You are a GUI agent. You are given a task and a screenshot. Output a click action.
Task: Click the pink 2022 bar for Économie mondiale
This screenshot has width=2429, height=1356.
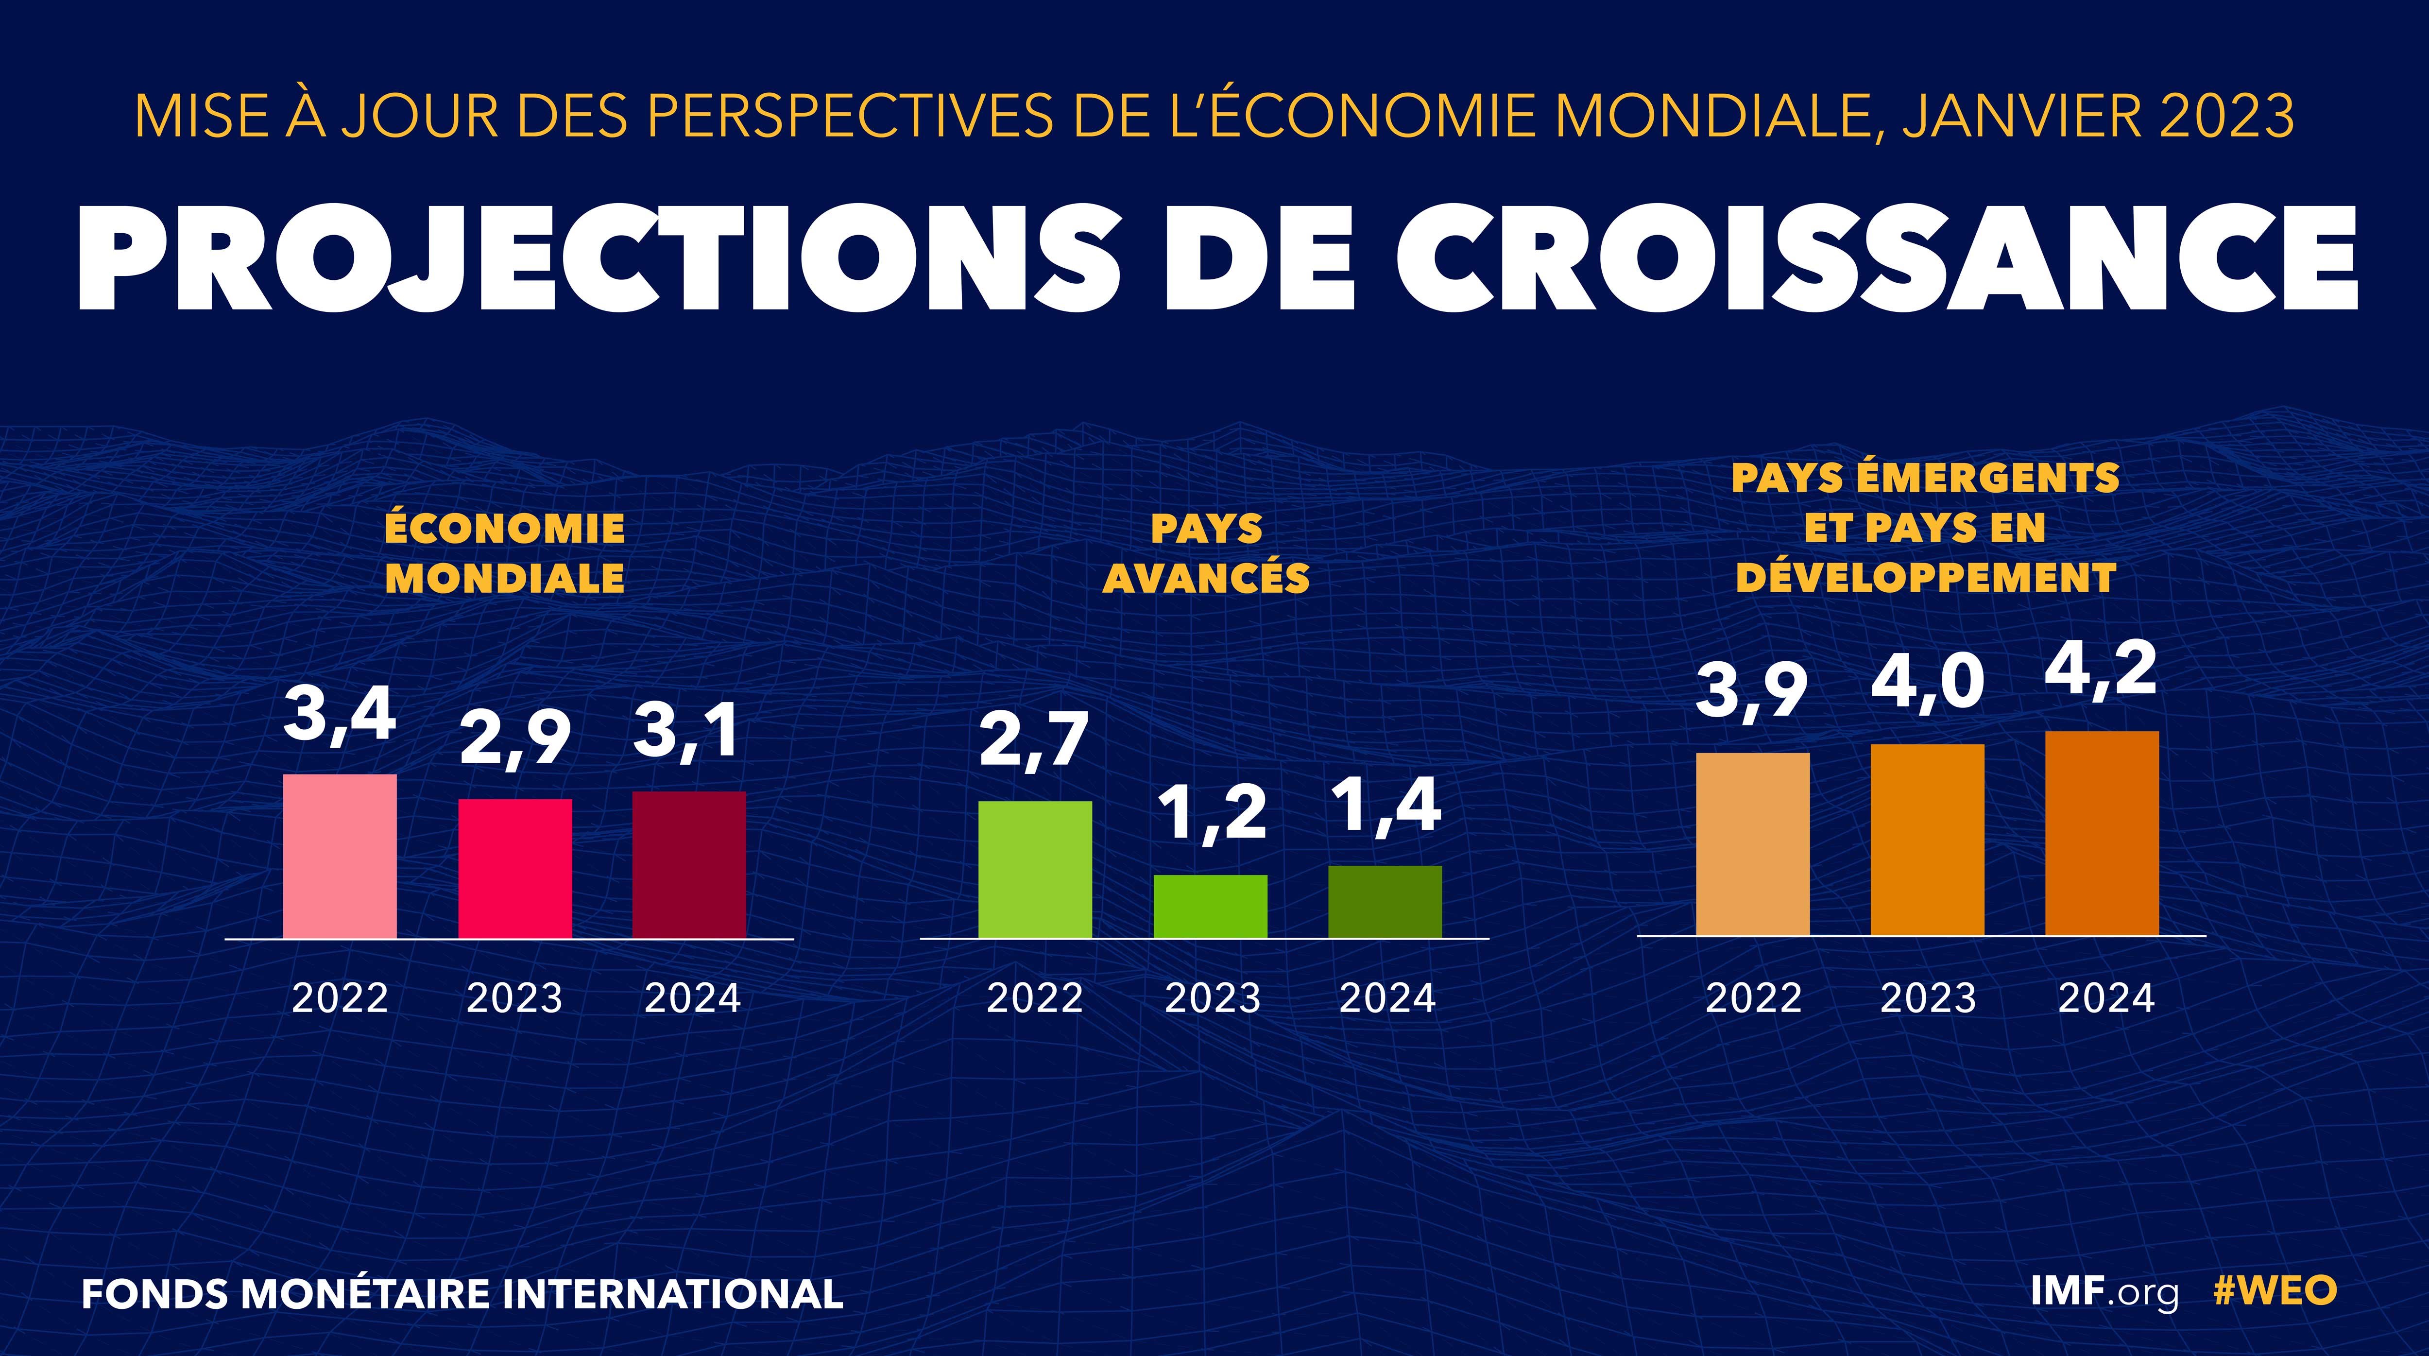pyautogui.click(x=340, y=856)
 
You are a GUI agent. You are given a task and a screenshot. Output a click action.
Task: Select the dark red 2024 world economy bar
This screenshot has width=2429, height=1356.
pyautogui.click(x=689, y=865)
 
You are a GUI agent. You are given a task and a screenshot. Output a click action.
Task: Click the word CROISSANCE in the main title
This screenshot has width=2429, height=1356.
pyautogui.click(x=1877, y=259)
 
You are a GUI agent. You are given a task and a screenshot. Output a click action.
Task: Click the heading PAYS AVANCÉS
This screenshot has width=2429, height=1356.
pyautogui.click(x=1207, y=553)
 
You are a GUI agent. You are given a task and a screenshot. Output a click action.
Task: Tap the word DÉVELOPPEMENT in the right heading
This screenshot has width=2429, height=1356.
pyautogui.click(x=1926, y=577)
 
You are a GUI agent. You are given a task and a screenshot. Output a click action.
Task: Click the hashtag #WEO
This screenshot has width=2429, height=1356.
pyautogui.click(x=2275, y=1291)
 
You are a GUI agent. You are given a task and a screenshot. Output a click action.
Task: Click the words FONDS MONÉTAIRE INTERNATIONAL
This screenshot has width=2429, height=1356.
pyautogui.click(x=462, y=1294)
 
